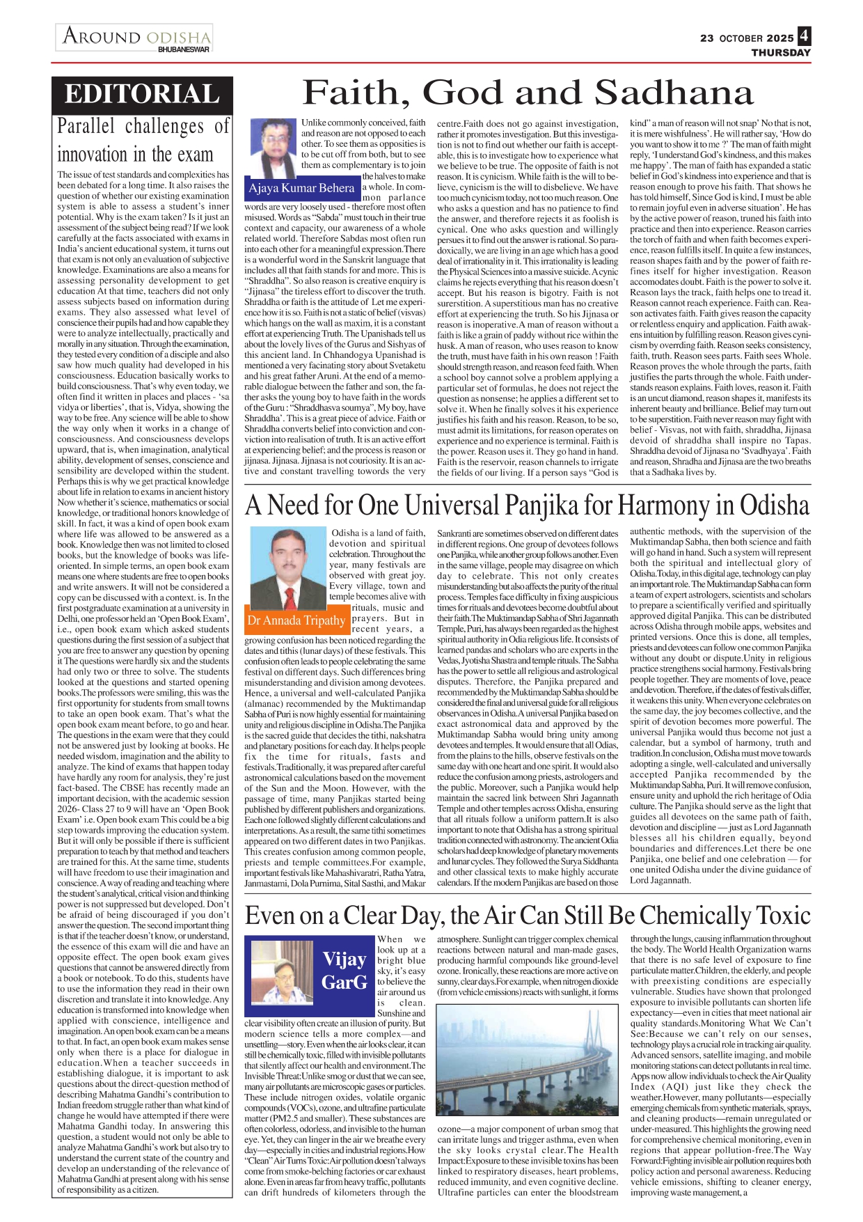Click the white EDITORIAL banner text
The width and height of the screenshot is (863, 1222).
click(142, 95)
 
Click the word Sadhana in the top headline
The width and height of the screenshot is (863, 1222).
click(674, 93)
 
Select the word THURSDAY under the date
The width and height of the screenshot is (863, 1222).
click(781, 53)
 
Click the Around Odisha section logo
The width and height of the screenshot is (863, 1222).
click(136, 36)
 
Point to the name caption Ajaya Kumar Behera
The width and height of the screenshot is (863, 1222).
click(301, 188)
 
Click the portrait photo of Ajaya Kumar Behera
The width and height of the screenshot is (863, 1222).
click(275, 148)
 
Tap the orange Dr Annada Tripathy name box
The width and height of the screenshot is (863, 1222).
click(296, 620)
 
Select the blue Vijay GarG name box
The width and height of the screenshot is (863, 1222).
click(345, 971)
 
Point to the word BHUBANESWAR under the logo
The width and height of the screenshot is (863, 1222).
click(183, 49)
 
